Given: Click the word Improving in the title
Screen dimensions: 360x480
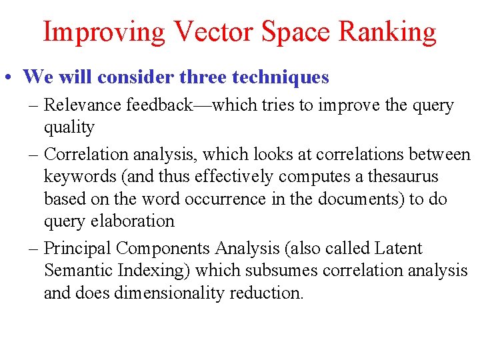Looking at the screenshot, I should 103,31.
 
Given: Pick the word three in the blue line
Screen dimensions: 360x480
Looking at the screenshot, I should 203,77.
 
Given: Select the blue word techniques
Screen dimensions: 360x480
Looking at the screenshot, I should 281,77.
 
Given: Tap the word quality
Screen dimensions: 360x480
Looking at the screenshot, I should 69,127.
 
